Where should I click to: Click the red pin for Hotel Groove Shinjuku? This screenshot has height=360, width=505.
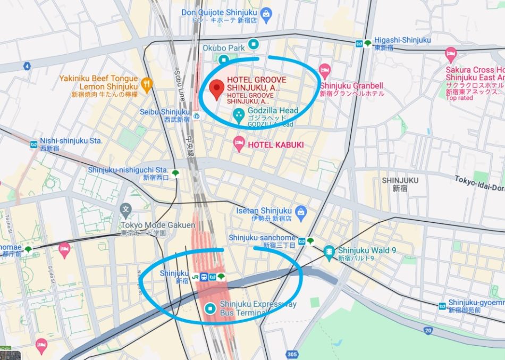215,90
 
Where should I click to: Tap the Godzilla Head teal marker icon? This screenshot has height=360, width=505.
239,114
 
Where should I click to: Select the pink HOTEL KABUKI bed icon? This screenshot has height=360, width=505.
240,143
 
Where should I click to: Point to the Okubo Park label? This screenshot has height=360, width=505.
223,48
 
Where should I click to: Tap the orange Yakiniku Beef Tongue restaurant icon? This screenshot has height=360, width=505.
147,82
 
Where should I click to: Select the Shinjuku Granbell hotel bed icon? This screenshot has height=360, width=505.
325,70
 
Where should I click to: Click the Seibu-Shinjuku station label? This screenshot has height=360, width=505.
164,112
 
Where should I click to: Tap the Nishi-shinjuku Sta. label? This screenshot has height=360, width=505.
71,141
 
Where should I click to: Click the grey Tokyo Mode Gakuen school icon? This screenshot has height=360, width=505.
125,209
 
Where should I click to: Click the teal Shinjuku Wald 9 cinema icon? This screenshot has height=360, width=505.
330,251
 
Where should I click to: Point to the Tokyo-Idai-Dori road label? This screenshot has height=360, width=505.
478,183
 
